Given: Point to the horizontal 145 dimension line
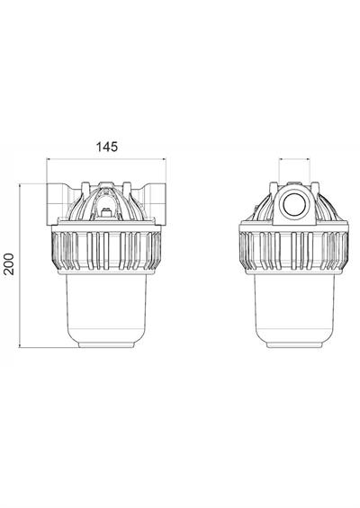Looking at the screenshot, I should [x=106, y=160].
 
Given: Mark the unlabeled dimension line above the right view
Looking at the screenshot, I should [x=296, y=160].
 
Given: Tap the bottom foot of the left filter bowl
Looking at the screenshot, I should [x=106, y=346].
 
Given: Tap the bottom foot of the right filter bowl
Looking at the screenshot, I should [x=296, y=346].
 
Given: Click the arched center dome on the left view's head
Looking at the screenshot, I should [x=106, y=202].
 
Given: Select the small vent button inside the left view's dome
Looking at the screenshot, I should [x=106, y=212].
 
